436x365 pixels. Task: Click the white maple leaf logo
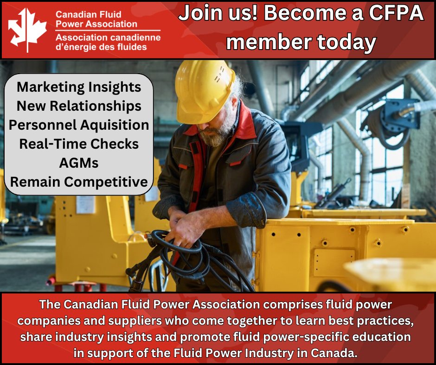point(27,29)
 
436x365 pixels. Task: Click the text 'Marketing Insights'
point(79,87)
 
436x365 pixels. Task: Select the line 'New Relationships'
point(79,106)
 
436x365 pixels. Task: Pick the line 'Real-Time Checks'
point(79,144)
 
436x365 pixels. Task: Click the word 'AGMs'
point(79,163)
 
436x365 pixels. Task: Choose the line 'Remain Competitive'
point(79,182)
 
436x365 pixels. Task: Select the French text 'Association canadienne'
point(108,38)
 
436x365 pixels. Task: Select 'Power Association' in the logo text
point(96,23)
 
